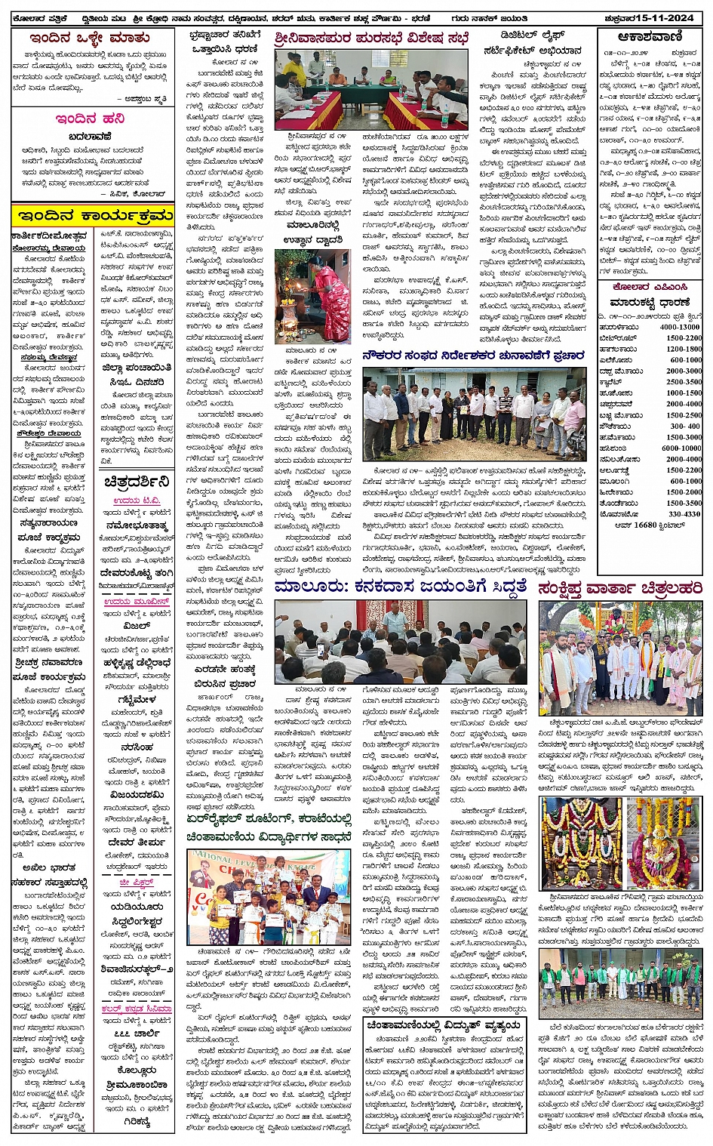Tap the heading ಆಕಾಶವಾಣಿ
pyautogui.click(x=649, y=36)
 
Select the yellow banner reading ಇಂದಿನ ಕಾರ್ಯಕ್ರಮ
pyautogui.click(x=93, y=217)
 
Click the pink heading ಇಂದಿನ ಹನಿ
pyautogui.click(x=90, y=119)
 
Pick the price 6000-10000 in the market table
pyautogui.click(x=681, y=448)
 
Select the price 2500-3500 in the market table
pyautogui.click(x=684, y=382)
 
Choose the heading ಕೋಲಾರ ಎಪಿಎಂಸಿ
pyautogui.click(x=650, y=287)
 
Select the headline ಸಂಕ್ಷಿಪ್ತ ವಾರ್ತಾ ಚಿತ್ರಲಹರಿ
pyautogui.click(x=620, y=588)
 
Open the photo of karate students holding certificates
pyautogui.click(x=269, y=896)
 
